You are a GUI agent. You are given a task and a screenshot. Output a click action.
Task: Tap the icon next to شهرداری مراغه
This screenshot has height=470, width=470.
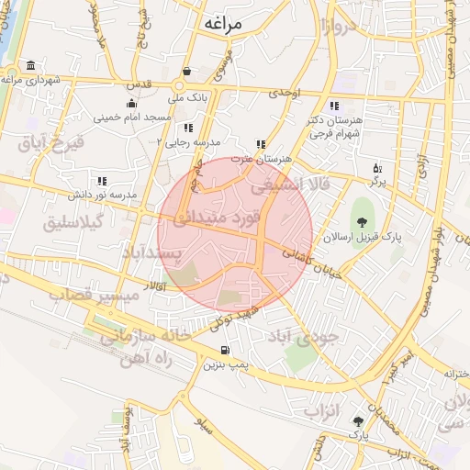click(32, 65)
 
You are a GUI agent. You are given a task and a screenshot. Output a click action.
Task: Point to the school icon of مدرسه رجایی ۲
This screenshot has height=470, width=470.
click(188, 128)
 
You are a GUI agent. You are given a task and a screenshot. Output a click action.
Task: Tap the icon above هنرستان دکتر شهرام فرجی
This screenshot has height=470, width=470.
click(334, 106)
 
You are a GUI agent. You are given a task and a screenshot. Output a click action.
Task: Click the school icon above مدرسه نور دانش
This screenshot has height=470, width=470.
click(101, 181)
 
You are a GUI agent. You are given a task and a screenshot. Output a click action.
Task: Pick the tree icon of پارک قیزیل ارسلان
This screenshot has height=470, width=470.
click(362, 222)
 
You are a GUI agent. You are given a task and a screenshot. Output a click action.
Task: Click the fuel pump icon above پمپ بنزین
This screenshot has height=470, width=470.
click(226, 352)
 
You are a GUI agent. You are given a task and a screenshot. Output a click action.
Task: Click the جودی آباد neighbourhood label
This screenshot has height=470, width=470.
click(303, 336)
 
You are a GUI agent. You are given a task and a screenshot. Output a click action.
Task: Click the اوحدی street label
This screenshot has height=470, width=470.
click(285, 94)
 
